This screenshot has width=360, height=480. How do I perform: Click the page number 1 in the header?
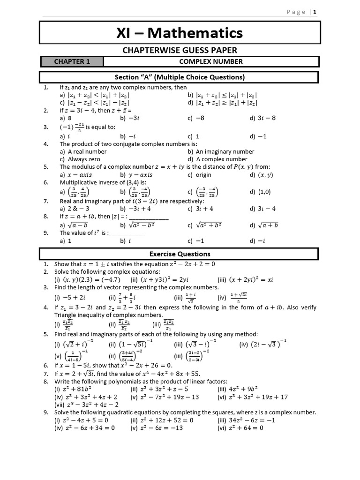pos(315,12)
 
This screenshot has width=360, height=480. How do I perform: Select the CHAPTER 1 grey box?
pos(72,61)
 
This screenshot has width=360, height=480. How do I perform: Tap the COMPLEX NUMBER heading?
pos(211,61)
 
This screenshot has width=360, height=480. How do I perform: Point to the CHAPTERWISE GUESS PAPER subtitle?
pos(180,50)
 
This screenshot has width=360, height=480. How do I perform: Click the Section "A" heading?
pos(180,77)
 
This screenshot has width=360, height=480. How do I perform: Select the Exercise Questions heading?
pos(180,254)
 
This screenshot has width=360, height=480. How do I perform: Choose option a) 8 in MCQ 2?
pos(66,119)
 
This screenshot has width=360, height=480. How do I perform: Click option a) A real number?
pos(83,151)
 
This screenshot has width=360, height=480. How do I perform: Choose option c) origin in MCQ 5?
pos(199,175)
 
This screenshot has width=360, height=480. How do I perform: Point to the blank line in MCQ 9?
pos(127,233)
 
